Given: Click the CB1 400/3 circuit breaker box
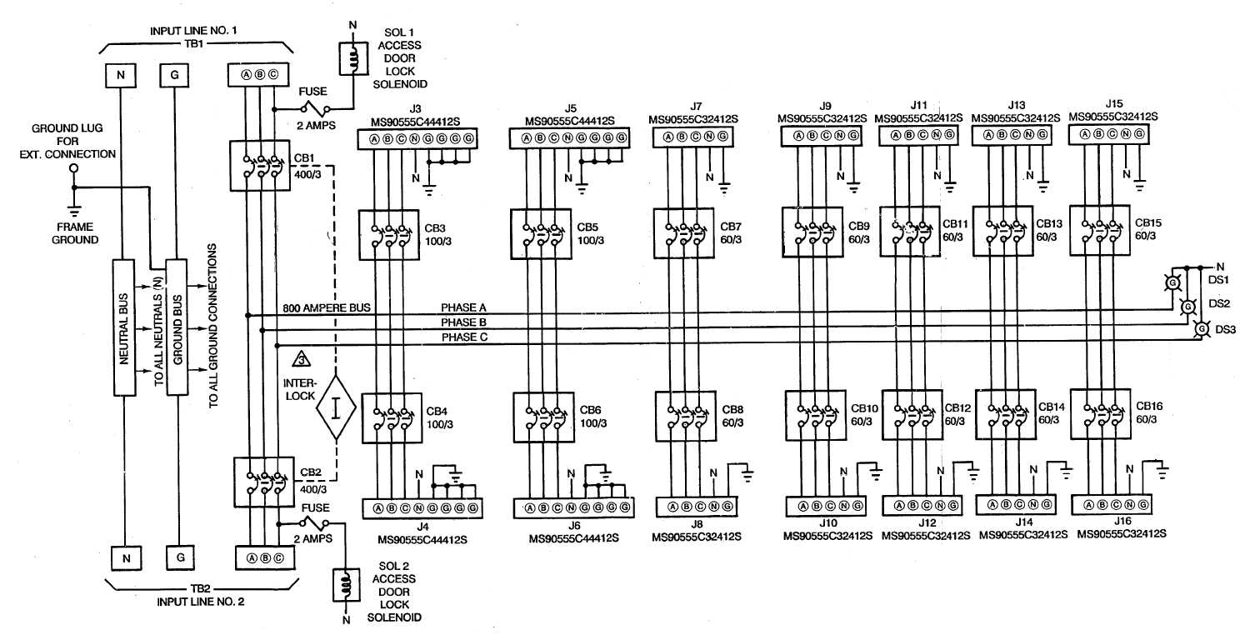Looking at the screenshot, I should (x=262, y=165).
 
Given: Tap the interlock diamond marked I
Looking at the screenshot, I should (x=336, y=408).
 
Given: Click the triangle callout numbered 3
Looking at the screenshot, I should (x=301, y=360).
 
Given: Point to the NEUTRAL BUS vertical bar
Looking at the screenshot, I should (x=122, y=327).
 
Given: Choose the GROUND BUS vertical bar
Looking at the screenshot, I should (x=176, y=327).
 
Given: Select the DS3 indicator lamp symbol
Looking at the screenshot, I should (x=1201, y=330).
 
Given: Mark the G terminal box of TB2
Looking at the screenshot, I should (x=176, y=555).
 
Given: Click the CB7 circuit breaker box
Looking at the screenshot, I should (x=682, y=233).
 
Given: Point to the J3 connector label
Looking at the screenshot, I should (x=415, y=107).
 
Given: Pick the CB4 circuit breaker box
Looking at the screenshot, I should (x=389, y=417).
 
